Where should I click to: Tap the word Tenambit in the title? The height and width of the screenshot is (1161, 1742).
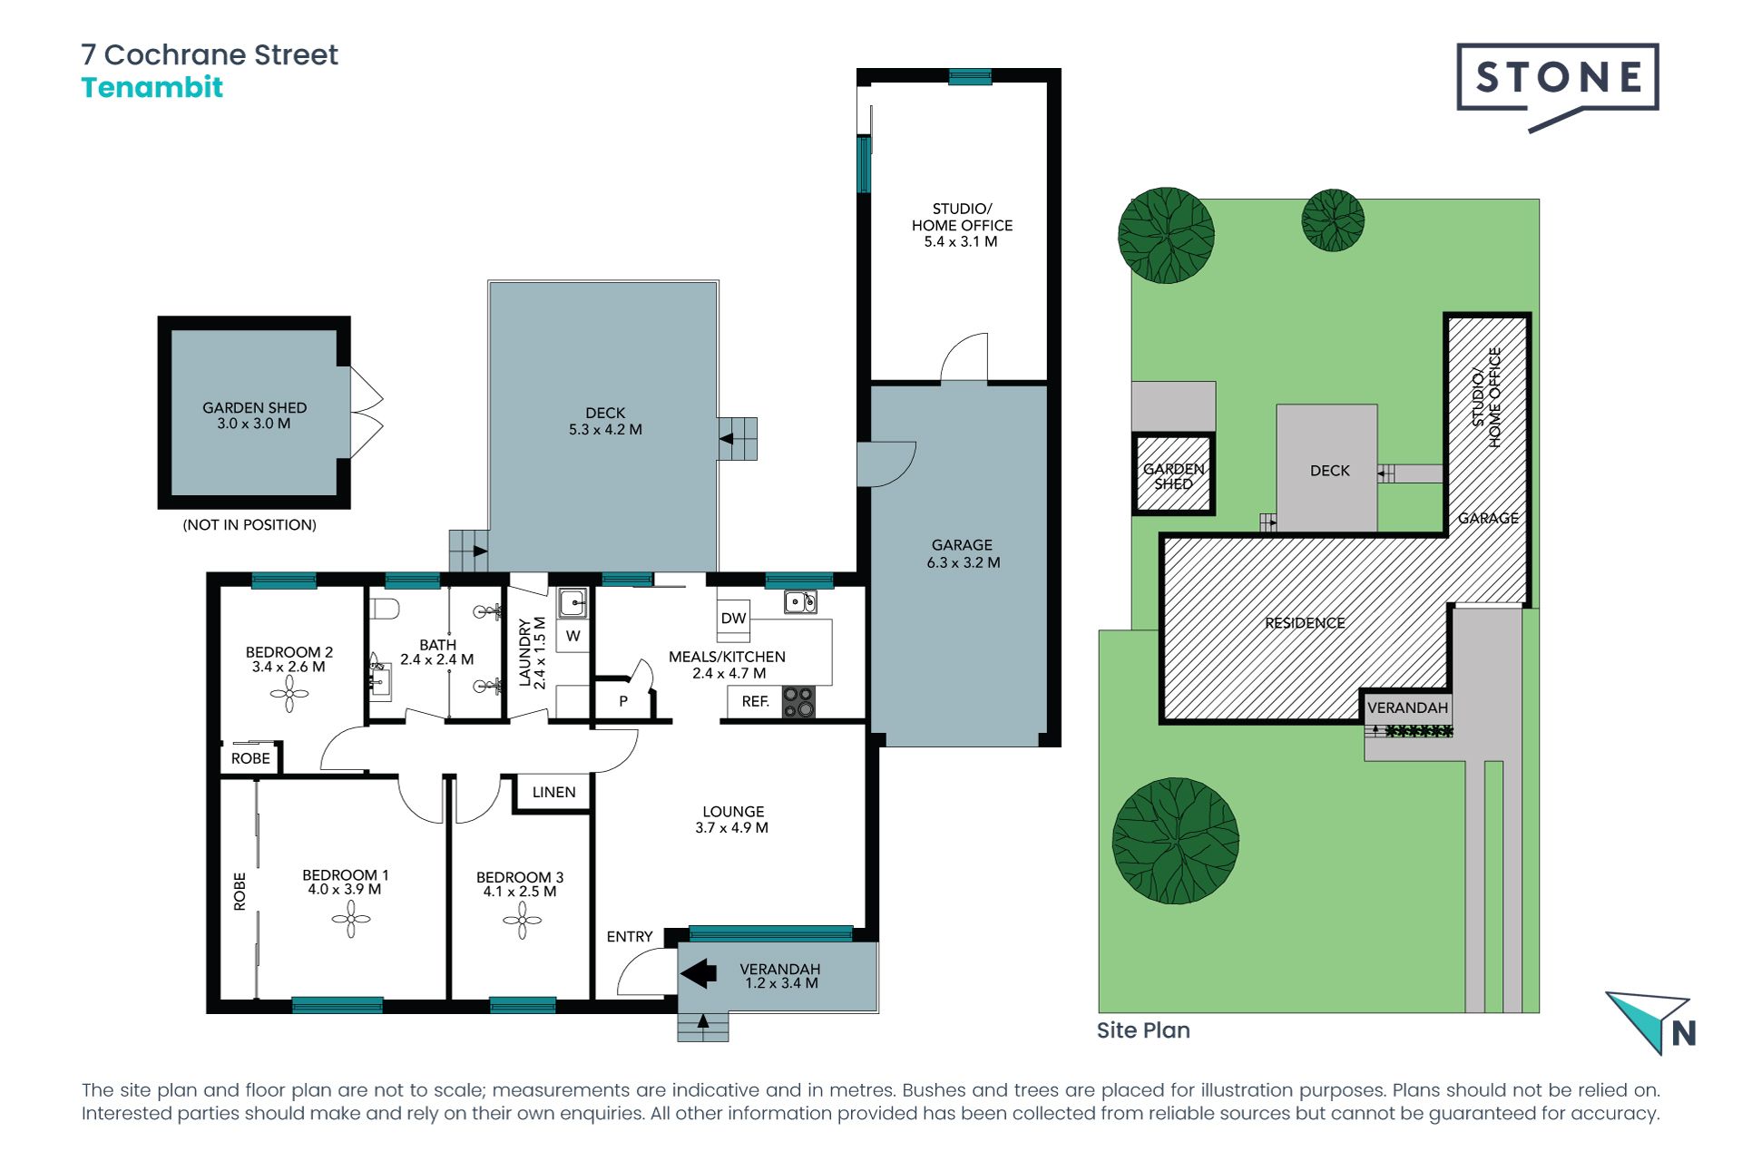152,88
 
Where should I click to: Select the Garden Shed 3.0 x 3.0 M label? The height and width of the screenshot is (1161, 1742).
254,415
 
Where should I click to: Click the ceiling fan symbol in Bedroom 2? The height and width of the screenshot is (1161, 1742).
289,695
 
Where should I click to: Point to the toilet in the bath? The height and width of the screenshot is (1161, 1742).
385,608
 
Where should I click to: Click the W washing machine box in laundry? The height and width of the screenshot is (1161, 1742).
573,636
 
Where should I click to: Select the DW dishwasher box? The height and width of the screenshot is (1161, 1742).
733,618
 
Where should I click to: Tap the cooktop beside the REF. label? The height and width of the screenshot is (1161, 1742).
798,701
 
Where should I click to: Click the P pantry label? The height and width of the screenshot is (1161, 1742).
623,701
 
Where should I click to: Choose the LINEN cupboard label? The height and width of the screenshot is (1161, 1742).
553,792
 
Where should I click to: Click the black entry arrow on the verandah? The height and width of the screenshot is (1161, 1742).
699,973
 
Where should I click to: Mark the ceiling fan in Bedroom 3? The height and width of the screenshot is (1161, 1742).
522,921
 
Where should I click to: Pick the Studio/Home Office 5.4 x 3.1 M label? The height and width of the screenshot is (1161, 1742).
962,225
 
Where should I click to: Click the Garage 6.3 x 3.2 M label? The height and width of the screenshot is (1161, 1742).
963,553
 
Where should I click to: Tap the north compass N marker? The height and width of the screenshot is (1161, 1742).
1683,1033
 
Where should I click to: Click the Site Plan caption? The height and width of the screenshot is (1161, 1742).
1143,1030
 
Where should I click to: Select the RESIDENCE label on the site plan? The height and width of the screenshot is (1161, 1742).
1305,623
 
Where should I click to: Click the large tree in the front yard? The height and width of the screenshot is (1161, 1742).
1175,840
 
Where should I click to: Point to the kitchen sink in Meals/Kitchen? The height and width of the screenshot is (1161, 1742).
800,601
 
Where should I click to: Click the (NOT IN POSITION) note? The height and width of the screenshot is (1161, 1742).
250,524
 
